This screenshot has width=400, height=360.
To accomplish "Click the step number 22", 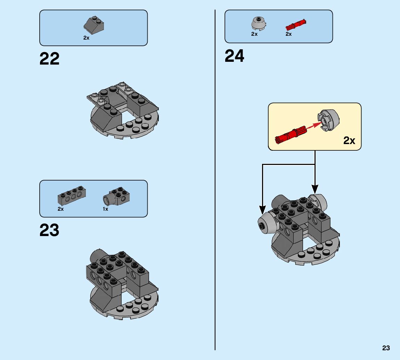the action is click(49, 59).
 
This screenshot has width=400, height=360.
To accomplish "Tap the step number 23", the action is click(49, 230).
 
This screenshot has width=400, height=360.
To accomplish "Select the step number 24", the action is click(234, 56).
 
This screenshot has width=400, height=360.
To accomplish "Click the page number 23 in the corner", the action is click(386, 348).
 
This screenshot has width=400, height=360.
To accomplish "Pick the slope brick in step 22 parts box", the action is click(94, 24).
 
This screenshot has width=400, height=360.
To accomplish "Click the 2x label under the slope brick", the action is click(86, 38).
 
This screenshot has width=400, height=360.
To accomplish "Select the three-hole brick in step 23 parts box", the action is click(72, 196).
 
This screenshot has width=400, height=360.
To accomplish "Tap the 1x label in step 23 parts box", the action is click(105, 209).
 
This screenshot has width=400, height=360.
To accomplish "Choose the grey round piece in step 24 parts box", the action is click(258, 23).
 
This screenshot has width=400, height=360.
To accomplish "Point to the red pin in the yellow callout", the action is click(291, 135).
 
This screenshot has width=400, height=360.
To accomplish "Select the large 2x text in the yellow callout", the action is click(349, 140).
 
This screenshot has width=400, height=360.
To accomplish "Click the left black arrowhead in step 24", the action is click(262, 209).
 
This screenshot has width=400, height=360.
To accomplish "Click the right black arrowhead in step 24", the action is click(315, 189).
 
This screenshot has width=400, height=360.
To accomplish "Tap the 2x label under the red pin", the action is click(288, 34).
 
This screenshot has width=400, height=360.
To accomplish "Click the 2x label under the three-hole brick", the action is click(61, 209).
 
